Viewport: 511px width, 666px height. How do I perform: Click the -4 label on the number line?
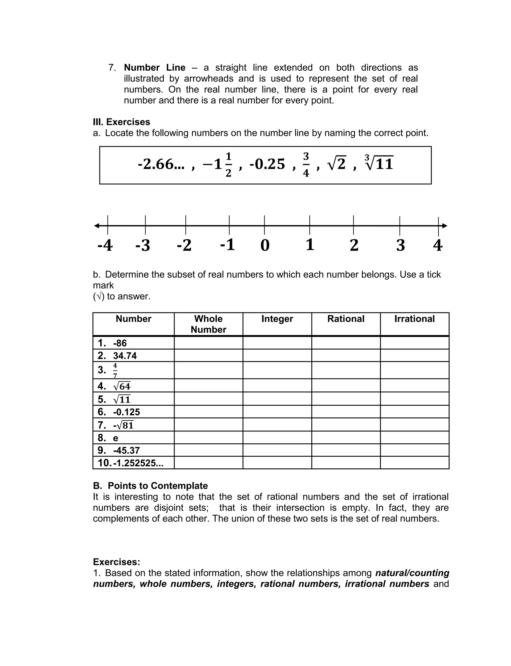coord(105,245)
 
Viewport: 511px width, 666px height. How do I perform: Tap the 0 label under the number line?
coord(265,245)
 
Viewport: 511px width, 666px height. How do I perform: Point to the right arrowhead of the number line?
coord(444,226)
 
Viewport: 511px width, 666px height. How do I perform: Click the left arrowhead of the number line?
coord(97,226)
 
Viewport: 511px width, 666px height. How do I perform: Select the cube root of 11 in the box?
coord(379,163)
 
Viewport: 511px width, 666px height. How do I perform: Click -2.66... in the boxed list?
coord(161,164)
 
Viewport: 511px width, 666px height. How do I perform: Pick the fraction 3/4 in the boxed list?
coord(306,164)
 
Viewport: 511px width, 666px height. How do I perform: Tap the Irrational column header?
coord(414,319)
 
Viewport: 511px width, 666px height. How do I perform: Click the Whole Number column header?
coord(208,324)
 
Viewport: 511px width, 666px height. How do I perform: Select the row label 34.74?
coord(125,356)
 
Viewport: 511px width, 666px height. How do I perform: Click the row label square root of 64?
coord(122,386)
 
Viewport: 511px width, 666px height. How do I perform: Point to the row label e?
coord(116,438)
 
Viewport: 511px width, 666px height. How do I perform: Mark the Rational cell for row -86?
coord(346,343)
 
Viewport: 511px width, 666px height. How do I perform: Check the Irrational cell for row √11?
coord(414,399)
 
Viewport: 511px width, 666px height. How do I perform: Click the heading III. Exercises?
coord(121,122)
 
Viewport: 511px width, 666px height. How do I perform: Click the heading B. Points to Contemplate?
coord(150,486)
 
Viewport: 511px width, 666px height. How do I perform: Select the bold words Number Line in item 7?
coord(154,68)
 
